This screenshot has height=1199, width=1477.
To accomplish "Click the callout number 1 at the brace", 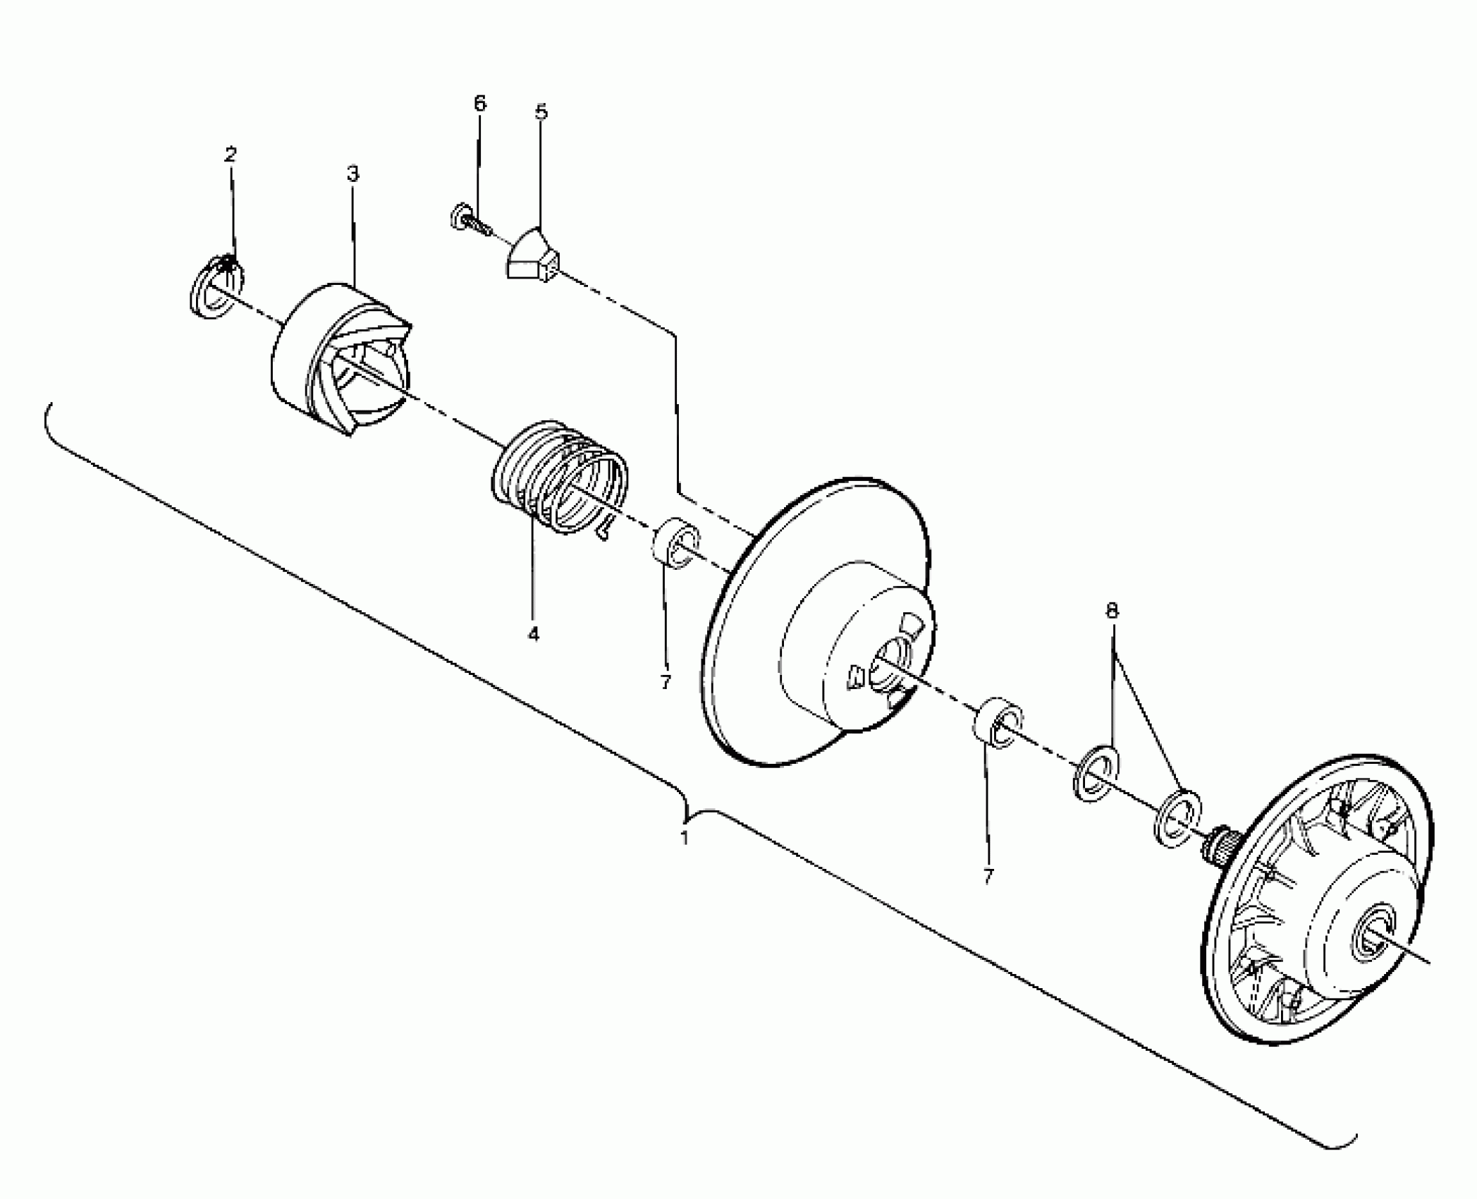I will (683, 839).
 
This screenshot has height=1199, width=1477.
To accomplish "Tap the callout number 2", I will (231, 154).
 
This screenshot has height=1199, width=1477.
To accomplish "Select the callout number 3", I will (353, 174).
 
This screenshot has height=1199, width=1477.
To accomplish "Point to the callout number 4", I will (533, 634).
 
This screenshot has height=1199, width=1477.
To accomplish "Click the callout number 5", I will (541, 112).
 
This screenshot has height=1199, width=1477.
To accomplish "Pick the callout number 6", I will (479, 104).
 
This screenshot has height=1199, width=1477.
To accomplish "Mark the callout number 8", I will (1112, 611).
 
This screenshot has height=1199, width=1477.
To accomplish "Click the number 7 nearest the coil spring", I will (665, 681).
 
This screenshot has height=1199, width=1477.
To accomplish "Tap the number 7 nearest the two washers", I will (988, 877).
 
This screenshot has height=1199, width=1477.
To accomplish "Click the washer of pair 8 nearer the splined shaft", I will (1178, 818).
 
